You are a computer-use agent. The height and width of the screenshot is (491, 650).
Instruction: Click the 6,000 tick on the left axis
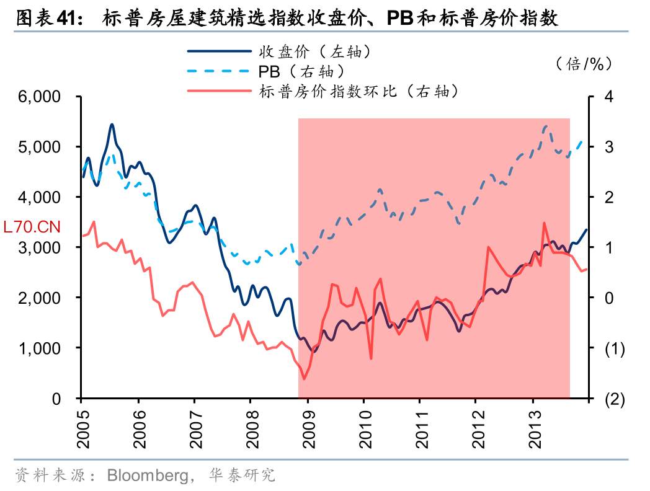(x=38, y=97)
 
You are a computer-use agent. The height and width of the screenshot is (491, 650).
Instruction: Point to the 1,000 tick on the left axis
(x=38, y=348)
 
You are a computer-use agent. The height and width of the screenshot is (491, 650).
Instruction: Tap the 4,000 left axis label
(x=38, y=197)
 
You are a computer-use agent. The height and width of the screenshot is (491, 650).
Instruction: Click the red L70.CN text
(x=32, y=227)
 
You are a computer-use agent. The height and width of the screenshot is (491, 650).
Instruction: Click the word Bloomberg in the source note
(x=147, y=476)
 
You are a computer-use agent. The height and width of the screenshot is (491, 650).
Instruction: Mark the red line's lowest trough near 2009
(x=304, y=379)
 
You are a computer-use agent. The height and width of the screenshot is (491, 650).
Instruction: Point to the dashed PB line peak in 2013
(x=546, y=126)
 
